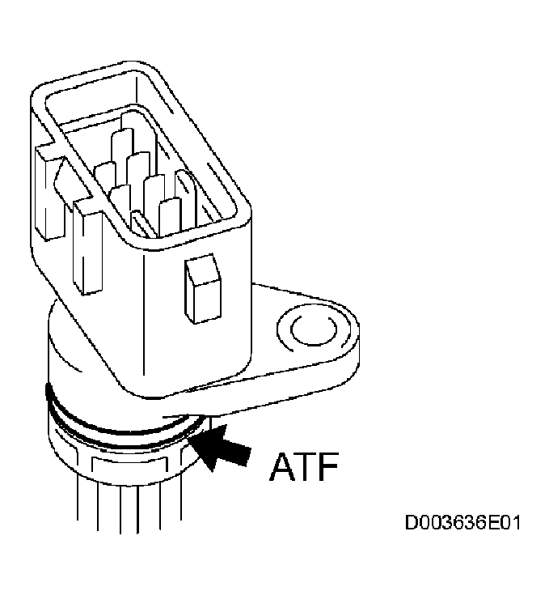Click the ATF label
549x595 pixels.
tap(303, 466)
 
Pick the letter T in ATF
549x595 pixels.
tap(306, 466)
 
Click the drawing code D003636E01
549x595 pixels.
tap(462, 522)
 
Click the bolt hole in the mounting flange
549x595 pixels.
tap(313, 328)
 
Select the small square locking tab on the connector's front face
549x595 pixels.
tap(203, 288)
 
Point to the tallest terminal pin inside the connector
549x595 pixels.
tap(139, 137)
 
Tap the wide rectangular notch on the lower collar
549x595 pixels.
tap(129, 470)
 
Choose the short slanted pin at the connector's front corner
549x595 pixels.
tap(143, 224)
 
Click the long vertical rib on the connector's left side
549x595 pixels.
tap(88, 247)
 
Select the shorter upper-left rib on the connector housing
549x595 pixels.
tap(50, 193)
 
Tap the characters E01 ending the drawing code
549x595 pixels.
tap(503, 522)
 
